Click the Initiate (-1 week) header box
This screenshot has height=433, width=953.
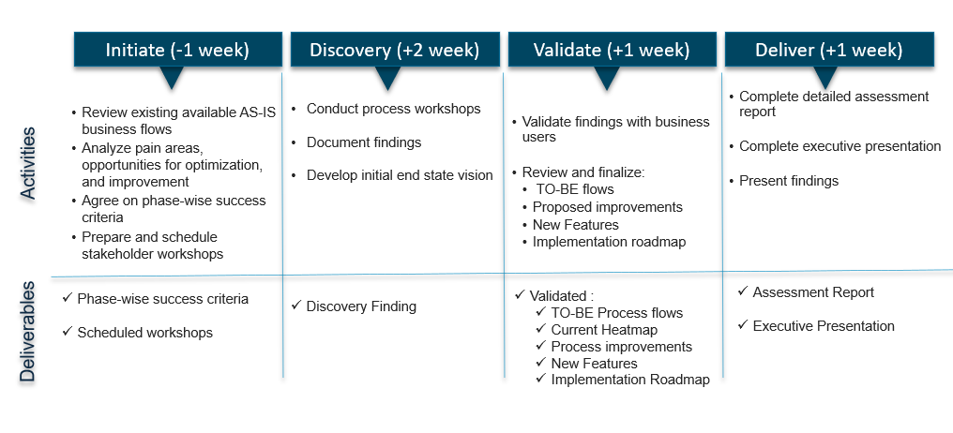(178, 50)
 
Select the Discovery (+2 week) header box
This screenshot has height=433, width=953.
(394, 50)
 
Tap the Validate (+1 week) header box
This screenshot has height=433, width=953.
(612, 50)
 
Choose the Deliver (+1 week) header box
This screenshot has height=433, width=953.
(828, 50)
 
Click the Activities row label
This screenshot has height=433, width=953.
(29, 163)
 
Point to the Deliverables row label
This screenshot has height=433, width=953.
(29, 331)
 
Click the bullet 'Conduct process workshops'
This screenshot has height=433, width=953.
(393, 109)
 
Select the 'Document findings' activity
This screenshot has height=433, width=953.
(364, 142)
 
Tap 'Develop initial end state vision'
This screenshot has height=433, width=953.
(400, 175)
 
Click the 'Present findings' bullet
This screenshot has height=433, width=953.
(789, 181)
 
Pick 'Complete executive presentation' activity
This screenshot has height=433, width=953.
(840, 146)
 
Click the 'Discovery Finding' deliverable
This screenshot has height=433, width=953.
(361, 306)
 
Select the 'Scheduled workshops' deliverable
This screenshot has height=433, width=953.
(145, 333)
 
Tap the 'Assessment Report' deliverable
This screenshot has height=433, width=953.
(813, 292)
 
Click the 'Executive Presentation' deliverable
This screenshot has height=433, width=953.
(824, 326)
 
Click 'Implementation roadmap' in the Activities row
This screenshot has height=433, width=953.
(609, 242)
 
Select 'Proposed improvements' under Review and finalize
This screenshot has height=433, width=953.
(608, 207)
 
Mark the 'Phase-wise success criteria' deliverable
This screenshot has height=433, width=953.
(163, 299)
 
